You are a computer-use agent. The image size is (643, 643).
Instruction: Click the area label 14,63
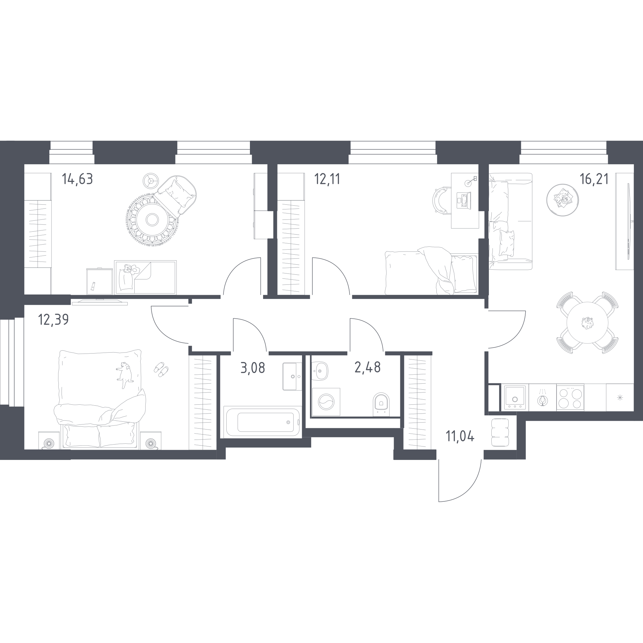click(x=77, y=179)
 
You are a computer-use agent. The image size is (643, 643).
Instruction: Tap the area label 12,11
click(x=327, y=179)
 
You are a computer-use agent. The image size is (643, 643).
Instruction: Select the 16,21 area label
click(x=594, y=179)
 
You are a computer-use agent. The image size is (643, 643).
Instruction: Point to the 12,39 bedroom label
click(x=53, y=320)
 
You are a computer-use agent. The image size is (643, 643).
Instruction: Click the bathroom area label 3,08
click(x=253, y=368)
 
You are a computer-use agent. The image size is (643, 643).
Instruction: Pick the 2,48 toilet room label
click(x=367, y=367)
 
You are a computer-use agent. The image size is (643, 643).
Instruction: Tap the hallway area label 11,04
click(x=460, y=436)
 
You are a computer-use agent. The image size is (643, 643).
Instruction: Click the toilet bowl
click(x=381, y=404)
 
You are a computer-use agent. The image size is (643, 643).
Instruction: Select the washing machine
click(x=326, y=402)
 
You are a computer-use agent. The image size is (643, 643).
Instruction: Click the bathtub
click(x=262, y=422)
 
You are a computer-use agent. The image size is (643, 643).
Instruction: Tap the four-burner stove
click(x=570, y=397)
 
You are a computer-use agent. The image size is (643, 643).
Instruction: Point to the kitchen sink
click(x=515, y=397)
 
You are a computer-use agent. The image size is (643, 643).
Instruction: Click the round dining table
click(x=587, y=322)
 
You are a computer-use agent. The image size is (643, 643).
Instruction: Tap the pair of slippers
click(x=161, y=369)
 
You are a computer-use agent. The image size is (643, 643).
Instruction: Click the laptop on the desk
click(x=464, y=201)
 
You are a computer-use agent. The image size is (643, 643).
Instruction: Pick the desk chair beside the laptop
click(x=440, y=200)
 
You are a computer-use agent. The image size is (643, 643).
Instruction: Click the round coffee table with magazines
click(x=562, y=200)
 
